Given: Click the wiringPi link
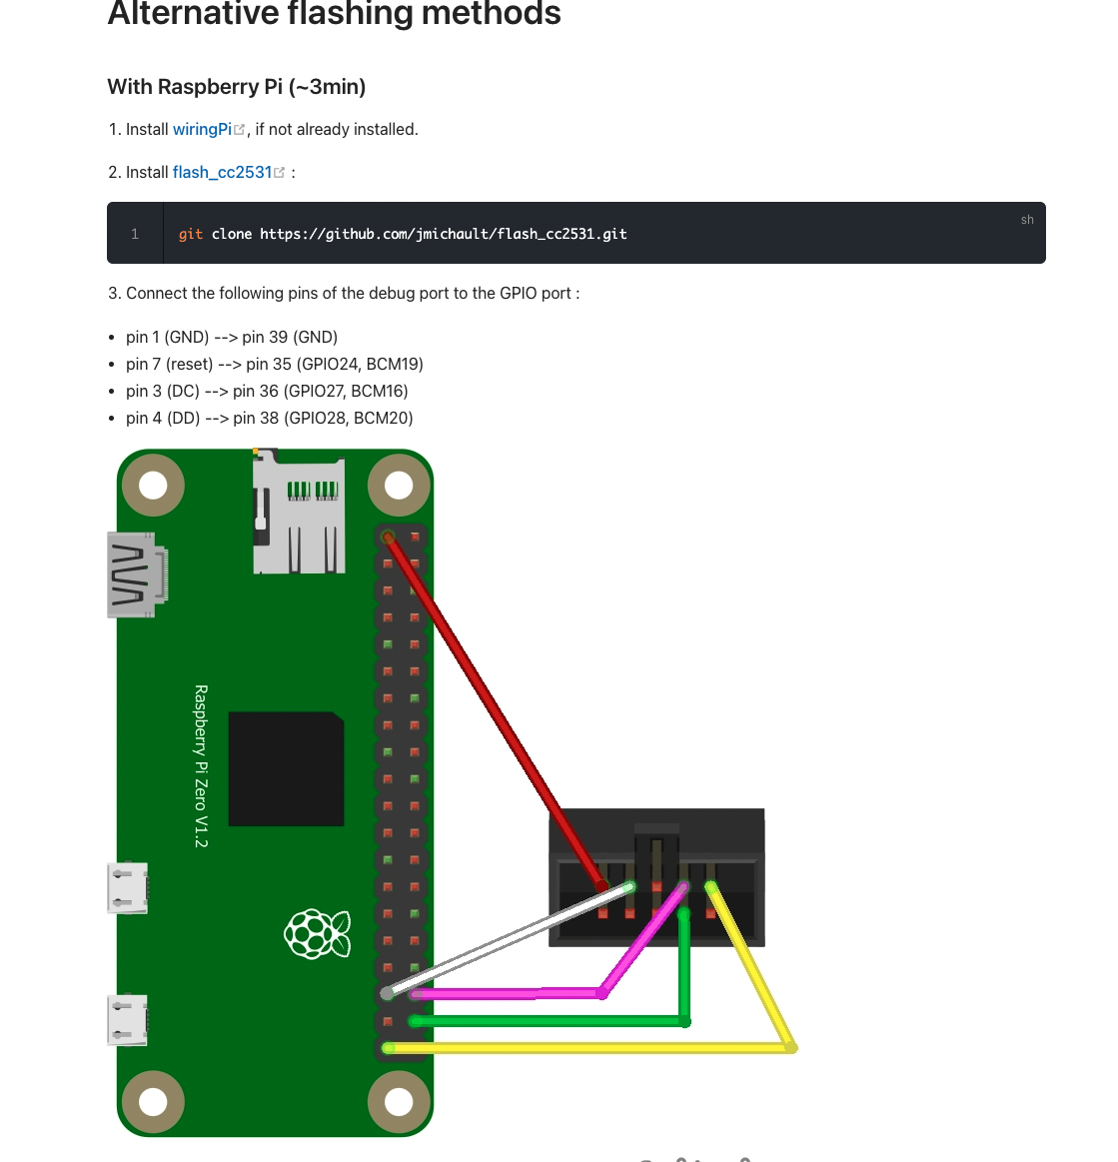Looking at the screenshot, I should (202, 129).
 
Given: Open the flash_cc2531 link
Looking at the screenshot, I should (222, 172).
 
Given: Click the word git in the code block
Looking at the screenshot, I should (191, 234).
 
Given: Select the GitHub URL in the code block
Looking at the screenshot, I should (444, 234).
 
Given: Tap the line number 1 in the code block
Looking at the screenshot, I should (135, 234).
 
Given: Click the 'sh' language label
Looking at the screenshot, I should (1027, 220).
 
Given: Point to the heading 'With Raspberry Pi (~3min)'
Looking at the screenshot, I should (237, 87).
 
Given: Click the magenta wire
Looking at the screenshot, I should (510, 993).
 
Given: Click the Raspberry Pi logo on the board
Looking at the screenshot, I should (318, 934).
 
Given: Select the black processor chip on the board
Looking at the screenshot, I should (287, 768).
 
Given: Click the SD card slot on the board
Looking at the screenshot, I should (299, 516).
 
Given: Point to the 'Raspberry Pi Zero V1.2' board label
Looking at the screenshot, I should (201, 766).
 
